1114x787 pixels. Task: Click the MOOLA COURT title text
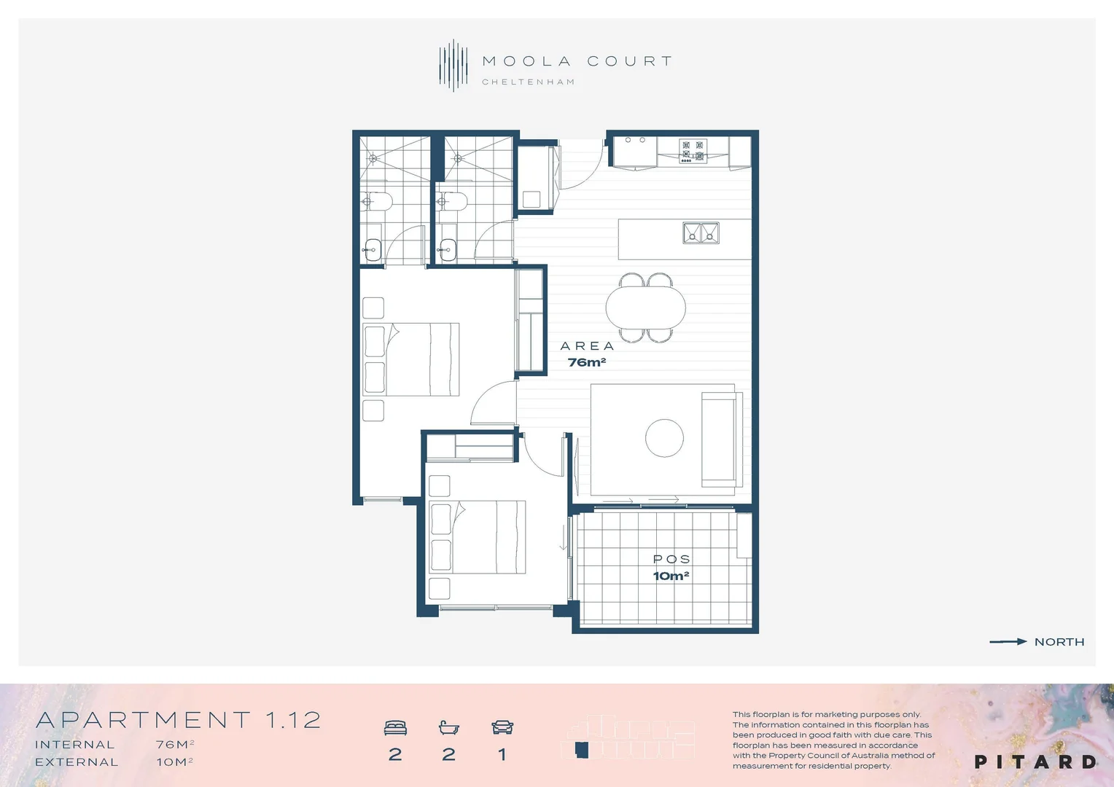(x=577, y=61)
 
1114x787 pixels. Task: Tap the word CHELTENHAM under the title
(x=528, y=82)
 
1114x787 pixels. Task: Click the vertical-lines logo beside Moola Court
(x=453, y=66)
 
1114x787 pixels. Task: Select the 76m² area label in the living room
(x=586, y=362)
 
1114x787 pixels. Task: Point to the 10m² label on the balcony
(x=671, y=576)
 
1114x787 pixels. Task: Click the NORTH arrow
(x=1008, y=642)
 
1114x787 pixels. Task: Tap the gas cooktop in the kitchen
(x=693, y=151)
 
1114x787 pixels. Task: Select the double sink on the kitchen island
(x=701, y=233)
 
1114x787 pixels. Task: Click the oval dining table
(x=646, y=307)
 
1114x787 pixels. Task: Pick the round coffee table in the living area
(x=664, y=438)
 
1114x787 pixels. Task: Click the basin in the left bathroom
(x=372, y=249)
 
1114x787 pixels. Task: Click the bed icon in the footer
(x=395, y=727)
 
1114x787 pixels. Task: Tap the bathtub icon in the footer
(x=448, y=727)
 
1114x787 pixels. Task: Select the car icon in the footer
(x=502, y=727)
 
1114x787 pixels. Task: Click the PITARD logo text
(x=1035, y=762)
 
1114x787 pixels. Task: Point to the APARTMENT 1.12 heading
(x=179, y=720)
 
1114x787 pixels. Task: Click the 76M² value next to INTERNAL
(x=174, y=745)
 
